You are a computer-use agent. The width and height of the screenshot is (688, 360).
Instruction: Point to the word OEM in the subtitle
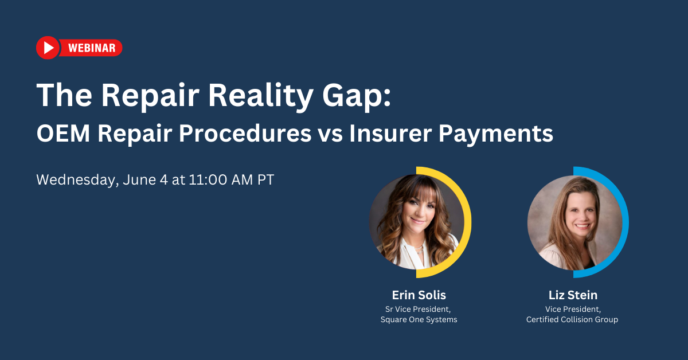pyautogui.click(x=63, y=134)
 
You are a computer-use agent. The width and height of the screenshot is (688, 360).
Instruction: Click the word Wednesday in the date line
pyautogui.click(x=76, y=180)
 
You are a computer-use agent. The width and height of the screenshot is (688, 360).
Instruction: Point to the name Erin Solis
pyautogui.click(x=419, y=295)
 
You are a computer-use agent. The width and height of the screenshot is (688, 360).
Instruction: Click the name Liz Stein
pyautogui.click(x=572, y=295)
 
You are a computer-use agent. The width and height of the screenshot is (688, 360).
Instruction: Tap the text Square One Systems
pyautogui.click(x=419, y=320)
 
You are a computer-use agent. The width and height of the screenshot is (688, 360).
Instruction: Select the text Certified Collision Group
pyautogui.click(x=572, y=320)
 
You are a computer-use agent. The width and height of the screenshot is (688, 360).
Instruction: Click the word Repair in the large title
pyautogui.click(x=150, y=95)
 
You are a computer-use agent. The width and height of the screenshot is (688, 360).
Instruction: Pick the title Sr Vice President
pyautogui.click(x=419, y=309)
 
